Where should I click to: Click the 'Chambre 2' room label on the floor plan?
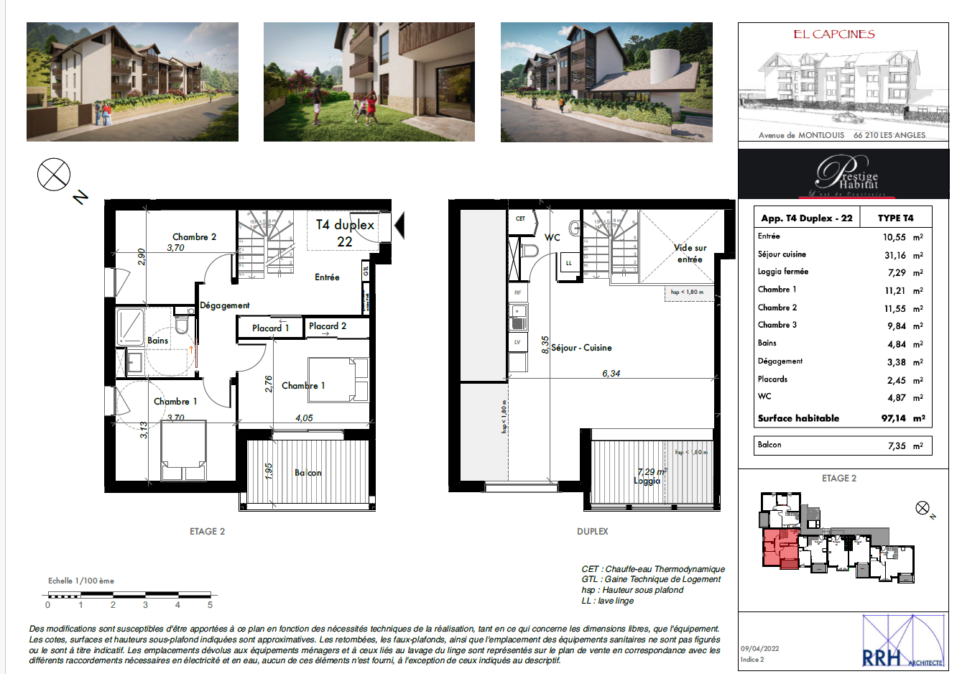(194, 236)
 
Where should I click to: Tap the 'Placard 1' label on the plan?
(270, 328)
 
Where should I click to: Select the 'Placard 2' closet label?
(328, 326)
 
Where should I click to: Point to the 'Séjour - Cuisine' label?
(581, 348)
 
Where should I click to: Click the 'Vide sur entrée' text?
(690, 253)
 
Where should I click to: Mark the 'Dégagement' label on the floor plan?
(224, 305)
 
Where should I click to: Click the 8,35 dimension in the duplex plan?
(545, 345)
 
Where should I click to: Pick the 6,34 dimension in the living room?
(611, 374)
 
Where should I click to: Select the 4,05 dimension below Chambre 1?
(304, 418)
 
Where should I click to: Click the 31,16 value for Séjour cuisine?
(895, 255)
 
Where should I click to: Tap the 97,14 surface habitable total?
(894, 418)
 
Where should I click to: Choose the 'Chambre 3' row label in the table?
(777, 325)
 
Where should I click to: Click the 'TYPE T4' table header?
(895, 218)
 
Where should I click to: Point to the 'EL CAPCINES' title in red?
(833, 34)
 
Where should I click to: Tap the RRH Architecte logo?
(902, 642)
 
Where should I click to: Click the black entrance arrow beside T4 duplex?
(399, 225)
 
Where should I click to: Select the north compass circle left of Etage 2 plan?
(54, 175)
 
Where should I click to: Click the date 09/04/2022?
(759, 649)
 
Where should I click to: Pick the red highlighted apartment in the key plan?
(780, 549)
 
